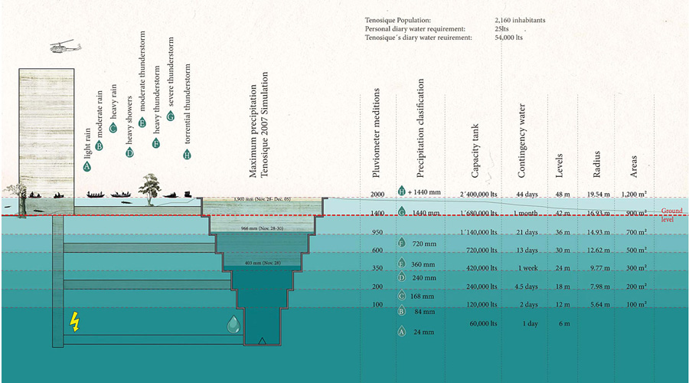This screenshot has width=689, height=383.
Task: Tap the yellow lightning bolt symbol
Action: pyautogui.click(x=74, y=321)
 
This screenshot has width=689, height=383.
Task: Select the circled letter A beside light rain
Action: pyautogui.click(x=87, y=165)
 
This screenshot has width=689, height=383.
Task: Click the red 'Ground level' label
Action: pyautogui.click(x=673, y=214)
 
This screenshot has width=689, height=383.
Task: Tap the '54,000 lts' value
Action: pyautogui.click(x=510, y=38)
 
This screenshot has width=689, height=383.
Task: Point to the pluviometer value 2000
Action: pyautogui.click(x=377, y=194)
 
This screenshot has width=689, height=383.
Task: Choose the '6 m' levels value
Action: pyautogui.click(x=564, y=324)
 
